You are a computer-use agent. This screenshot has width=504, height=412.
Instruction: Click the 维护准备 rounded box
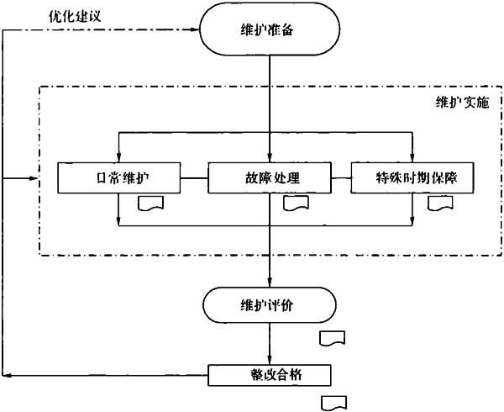(270, 29)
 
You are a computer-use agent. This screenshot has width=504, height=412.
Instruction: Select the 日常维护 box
(119, 178)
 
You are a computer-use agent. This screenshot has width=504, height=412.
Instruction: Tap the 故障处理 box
(270, 178)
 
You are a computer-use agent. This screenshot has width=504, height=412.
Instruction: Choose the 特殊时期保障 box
(412, 178)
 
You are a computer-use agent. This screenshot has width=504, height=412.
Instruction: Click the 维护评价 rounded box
(270, 305)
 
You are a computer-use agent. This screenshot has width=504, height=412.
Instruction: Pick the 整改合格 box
(270, 375)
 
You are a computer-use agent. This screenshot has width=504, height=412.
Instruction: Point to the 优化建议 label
(75, 16)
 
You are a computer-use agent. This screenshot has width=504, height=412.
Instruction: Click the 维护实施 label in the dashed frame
(462, 103)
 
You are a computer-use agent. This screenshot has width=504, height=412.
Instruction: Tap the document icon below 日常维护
(150, 203)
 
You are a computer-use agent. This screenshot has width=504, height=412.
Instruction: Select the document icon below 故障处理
(296, 203)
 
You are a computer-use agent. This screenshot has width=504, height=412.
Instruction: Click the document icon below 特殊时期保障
(440, 203)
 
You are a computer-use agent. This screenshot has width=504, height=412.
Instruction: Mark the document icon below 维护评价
(332, 338)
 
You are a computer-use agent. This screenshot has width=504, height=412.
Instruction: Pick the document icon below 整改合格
(334, 404)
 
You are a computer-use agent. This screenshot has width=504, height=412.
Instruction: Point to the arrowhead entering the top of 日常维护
(118, 157)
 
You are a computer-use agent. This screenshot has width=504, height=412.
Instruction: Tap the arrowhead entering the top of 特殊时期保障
(412, 157)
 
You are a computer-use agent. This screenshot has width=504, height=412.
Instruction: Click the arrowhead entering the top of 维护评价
(270, 283)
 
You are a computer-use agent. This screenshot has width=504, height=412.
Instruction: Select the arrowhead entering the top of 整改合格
(270, 360)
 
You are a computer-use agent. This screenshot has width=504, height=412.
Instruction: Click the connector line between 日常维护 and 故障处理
(195, 178)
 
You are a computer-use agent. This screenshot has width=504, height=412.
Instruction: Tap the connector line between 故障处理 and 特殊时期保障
(341, 178)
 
